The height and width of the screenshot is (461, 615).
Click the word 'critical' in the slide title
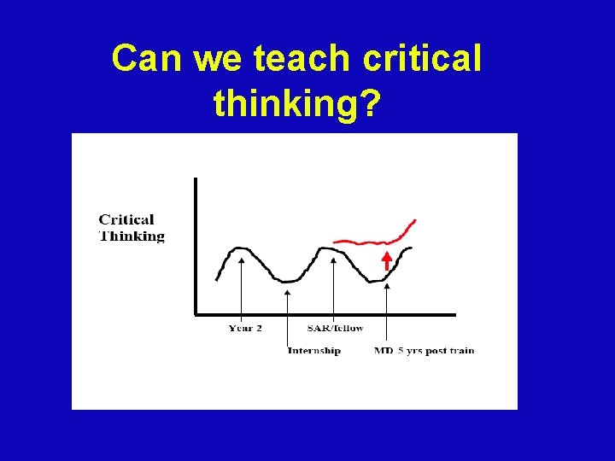point(422,59)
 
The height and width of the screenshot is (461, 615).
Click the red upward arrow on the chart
point(386,260)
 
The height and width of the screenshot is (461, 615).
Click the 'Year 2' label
point(245,329)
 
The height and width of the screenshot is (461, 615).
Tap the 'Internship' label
point(313,350)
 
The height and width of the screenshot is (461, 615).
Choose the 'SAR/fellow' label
point(335,329)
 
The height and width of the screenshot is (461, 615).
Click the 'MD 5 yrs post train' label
point(424,350)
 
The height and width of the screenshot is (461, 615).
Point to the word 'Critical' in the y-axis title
point(126,220)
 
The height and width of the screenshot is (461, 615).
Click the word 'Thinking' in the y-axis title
point(132,236)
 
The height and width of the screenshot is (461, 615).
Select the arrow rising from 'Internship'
point(288,316)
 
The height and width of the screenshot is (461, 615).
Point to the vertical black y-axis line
point(196,248)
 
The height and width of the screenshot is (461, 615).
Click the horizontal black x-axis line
point(325,314)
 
